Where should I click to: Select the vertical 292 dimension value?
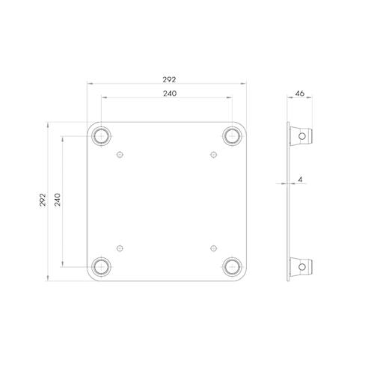tap(42, 200)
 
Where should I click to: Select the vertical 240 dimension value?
tap(58, 200)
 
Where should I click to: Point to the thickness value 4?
tap(300, 180)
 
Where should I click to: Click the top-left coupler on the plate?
tap(100, 135)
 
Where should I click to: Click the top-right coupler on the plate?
tap(233, 135)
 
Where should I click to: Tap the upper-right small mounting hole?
tap(213, 155)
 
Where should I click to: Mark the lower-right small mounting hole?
tap(213, 246)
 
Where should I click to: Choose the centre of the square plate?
tap(167, 200)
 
